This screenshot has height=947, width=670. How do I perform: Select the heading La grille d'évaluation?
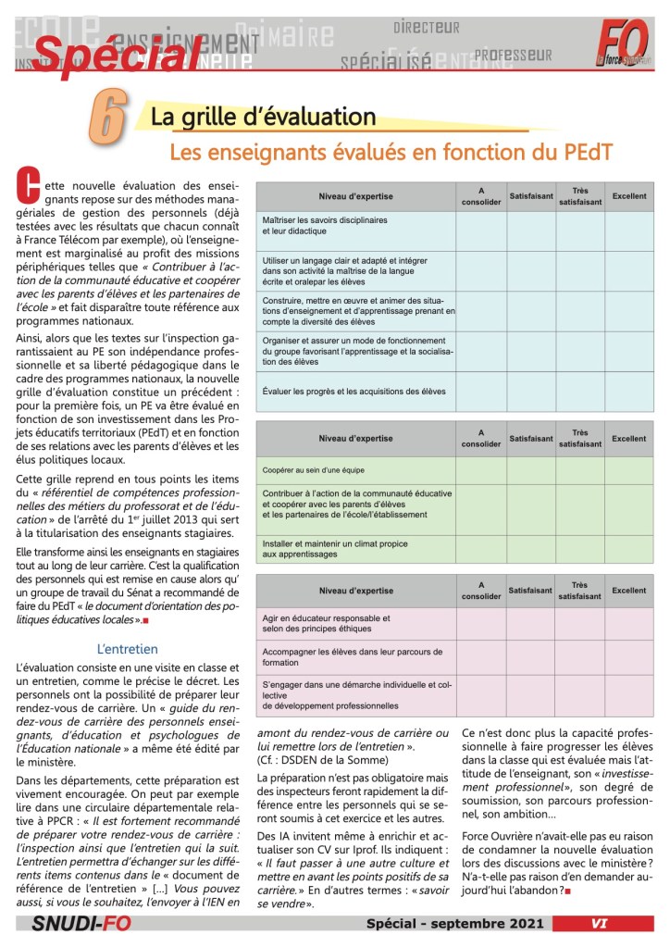263,118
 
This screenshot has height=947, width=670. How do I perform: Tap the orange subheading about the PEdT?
391,151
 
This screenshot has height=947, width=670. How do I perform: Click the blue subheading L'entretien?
128,649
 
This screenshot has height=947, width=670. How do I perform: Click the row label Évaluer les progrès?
354,391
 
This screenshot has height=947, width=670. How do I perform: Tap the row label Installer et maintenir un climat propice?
323,548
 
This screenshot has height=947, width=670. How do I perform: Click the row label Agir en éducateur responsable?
326,622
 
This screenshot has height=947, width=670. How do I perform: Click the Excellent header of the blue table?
628,196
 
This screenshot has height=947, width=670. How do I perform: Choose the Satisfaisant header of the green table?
530,438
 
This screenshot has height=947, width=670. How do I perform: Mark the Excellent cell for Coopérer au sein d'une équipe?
628,470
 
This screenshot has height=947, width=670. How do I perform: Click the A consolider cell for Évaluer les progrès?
480,391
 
